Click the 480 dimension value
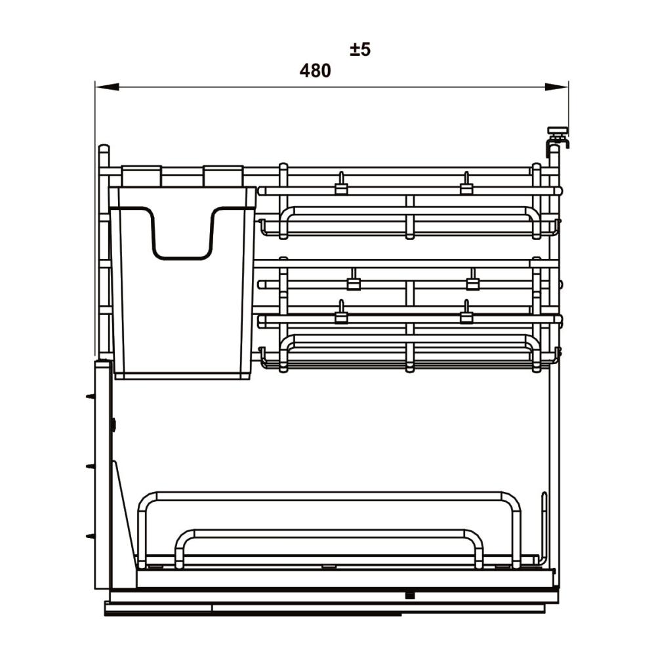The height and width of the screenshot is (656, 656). (315, 71)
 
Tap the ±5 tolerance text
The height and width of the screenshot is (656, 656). (360, 49)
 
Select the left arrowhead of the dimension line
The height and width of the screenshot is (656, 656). (107, 87)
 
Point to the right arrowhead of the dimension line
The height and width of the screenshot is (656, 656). (556, 87)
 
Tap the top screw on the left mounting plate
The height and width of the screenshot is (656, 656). (91, 396)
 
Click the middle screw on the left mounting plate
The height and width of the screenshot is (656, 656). (91, 466)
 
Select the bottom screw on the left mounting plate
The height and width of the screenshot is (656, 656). (91, 536)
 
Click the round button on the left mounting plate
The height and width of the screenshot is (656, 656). (113, 425)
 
